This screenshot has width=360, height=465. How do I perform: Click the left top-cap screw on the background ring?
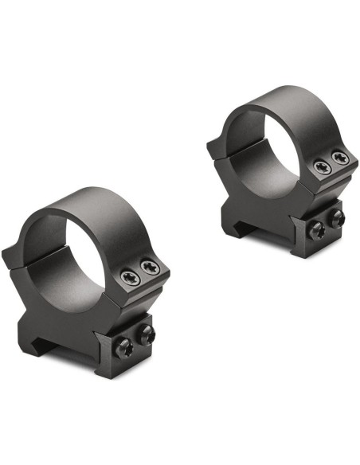point(322,166)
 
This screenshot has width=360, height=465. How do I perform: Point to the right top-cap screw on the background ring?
point(338,157)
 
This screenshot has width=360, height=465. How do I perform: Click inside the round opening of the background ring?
point(263,137)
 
